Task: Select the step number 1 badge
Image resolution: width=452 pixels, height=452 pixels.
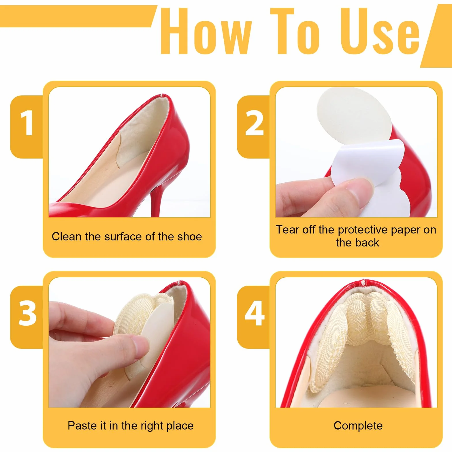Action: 27,127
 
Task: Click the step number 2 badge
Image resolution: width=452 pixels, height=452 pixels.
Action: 254,127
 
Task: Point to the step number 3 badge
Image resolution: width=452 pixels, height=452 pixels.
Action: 27,317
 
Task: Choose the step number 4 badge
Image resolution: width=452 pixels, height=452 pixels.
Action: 254,317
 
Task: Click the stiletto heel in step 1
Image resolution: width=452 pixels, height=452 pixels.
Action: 157,196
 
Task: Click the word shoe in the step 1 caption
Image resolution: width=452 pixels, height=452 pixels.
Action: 189,236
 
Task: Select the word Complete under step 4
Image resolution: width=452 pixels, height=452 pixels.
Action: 358,426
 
